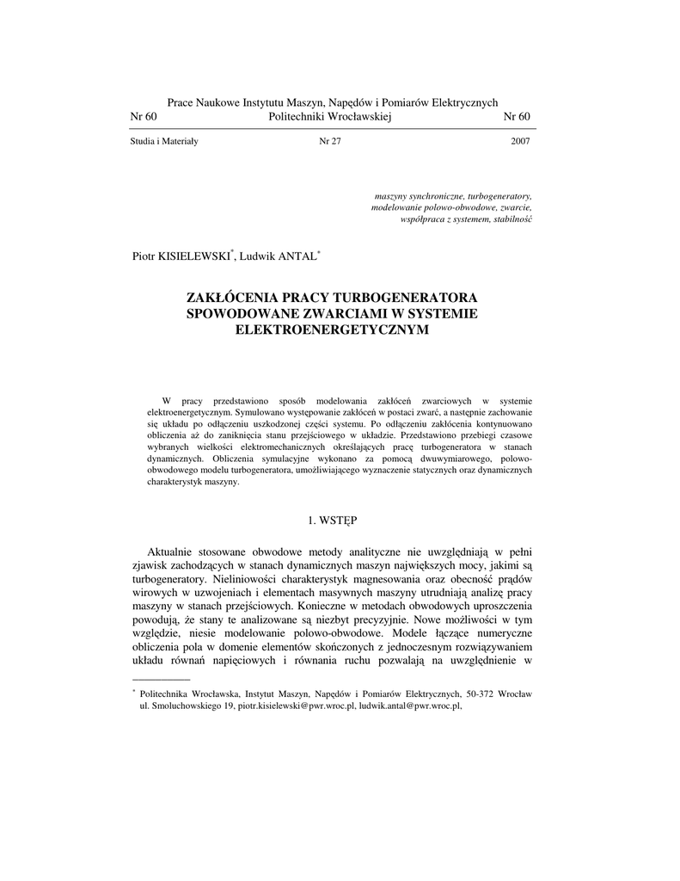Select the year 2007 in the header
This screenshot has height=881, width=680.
pyautogui.click(x=520, y=141)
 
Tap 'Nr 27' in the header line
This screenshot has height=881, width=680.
pyautogui.click(x=330, y=141)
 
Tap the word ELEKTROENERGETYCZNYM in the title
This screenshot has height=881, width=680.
pyautogui.click(x=331, y=329)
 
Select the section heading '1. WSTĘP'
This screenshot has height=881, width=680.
pyautogui.click(x=332, y=521)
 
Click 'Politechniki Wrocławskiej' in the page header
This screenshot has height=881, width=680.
pyautogui.click(x=330, y=117)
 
